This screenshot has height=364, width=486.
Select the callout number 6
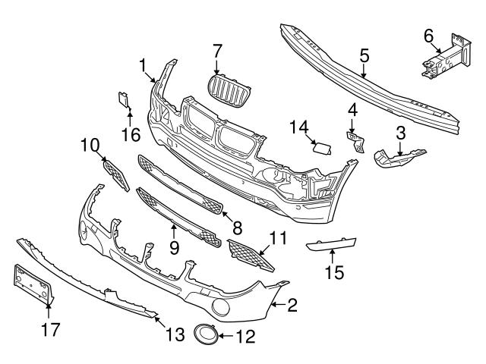(428, 36)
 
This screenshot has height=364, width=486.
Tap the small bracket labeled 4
(354, 140)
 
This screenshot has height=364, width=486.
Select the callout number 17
(49, 329)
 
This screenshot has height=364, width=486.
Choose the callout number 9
(173, 247)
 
